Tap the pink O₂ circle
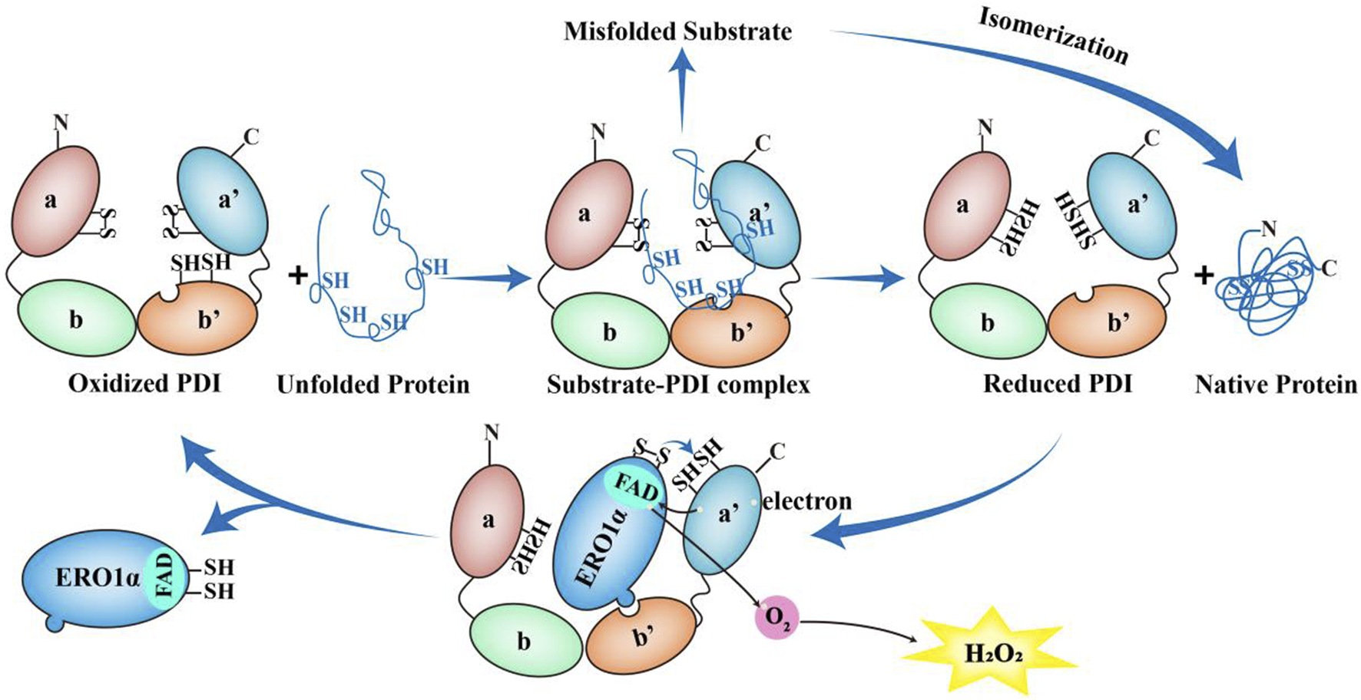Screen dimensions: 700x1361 pyautogui.click(x=777, y=619)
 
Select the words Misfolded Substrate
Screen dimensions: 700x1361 pyautogui.click(x=677, y=32)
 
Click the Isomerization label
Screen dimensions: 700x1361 pyautogui.click(x=1053, y=36)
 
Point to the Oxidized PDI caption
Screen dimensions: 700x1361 pyautogui.click(x=144, y=383)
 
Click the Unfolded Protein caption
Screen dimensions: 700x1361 pyautogui.click(x=373, y=384)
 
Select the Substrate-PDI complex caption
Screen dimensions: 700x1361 pyautogui.click(x=678, y=384)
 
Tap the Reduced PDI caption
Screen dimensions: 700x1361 pyautogui.click(x=1058, y=383)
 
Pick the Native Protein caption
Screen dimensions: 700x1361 pyautogui.click(x=1276, y=384)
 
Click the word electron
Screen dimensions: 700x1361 pyautogui.click(x=807, y=501)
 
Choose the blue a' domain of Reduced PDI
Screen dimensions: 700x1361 pyautogui.click(x=1132, y=206)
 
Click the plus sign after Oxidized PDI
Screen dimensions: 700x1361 pyautogui.click(x=296, y=274)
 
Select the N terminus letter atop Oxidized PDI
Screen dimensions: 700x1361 pyautogui.click(x=61, y=122)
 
